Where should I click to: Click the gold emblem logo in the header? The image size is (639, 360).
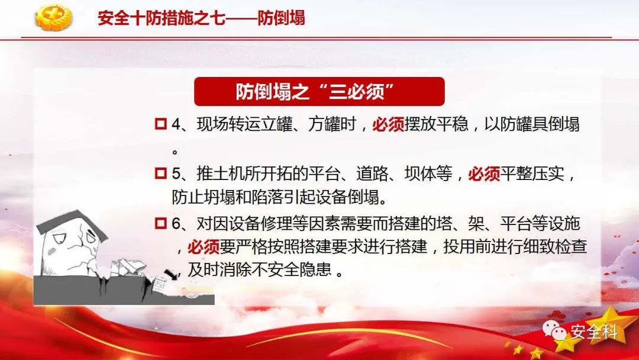(54, 18)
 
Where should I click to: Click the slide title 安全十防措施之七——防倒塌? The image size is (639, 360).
(201, 18)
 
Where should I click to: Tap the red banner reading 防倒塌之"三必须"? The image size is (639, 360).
(319, 91)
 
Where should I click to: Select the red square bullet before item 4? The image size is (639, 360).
(161, 124)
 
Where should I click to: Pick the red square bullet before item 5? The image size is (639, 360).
(161, 173)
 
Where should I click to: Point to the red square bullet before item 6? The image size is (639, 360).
(161, 223)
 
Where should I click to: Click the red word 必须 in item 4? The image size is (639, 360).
(388, 124)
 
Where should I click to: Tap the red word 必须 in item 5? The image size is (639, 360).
(484, 174)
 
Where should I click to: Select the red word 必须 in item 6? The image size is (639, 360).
(204, 247)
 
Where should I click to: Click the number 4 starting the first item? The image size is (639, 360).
(176, 124)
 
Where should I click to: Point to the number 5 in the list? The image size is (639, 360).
(176, 174)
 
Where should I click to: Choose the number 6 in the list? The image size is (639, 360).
(176, 224)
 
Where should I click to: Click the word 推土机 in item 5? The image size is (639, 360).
(221, 174)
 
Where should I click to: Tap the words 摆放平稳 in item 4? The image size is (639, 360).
(436, 124)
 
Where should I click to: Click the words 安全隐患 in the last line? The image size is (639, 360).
(299, 269)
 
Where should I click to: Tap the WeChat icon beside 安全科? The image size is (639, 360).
(554, 330)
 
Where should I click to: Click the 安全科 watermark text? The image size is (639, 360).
(594, 332)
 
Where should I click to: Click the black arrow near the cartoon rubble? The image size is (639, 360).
(171, 274)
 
